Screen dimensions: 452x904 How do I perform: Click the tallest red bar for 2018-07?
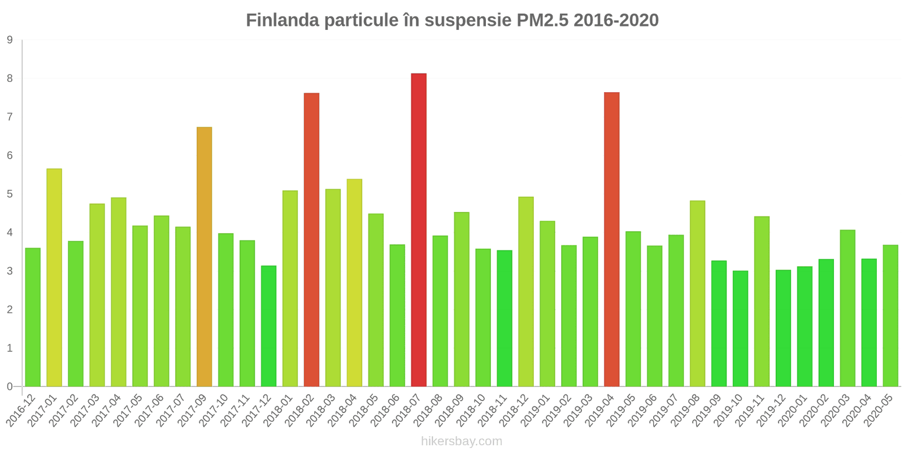point(419,230)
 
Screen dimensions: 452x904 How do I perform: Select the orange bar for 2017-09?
point(204,257)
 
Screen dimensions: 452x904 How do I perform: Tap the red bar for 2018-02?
point(311,240)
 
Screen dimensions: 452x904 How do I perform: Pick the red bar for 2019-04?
point(611,240)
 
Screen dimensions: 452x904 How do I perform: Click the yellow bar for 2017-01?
point(54,277)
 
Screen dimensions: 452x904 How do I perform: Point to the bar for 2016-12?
point(33,317)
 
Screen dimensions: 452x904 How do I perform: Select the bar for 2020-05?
point(890,316)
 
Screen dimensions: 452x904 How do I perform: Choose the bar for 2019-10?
point(740,329)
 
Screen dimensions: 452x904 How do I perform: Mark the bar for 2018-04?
point(354,282)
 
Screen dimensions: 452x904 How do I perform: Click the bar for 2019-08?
point(697,294)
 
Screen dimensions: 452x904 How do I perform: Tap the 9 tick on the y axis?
point(10,40)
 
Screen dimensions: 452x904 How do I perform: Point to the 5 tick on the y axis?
point(10,194)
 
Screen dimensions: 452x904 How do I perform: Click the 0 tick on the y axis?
point(10,387)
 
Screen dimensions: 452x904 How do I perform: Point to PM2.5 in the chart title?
point(542,20)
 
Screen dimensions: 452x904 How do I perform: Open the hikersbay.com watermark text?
point(461,441)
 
